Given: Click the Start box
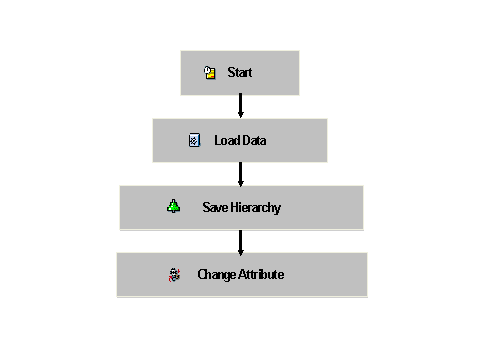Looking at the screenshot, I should (x=240, y=73).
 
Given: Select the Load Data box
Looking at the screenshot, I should (x=240, y=140).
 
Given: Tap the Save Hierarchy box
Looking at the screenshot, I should (x=241, y=207).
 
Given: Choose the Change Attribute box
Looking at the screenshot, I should (x=241, y=274).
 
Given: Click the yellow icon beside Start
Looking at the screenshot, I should (x=210, y=73).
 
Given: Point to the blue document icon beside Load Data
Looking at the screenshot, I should (x=195, y=140).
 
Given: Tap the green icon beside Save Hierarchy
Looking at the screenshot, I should (x=174, y=207).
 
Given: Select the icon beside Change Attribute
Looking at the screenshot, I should (x=175, y=274).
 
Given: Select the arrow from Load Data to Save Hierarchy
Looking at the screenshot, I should (x=240, y=173).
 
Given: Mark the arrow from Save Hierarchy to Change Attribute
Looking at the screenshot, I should (x=240, y=240).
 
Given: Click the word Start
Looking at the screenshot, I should (x=240, y=73).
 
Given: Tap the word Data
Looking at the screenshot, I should (x=254, y=140).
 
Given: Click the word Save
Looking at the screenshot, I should (x=216, y=207).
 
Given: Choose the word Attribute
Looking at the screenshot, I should (x=261, y=274).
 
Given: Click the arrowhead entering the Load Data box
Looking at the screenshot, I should (x=240, y=114).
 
